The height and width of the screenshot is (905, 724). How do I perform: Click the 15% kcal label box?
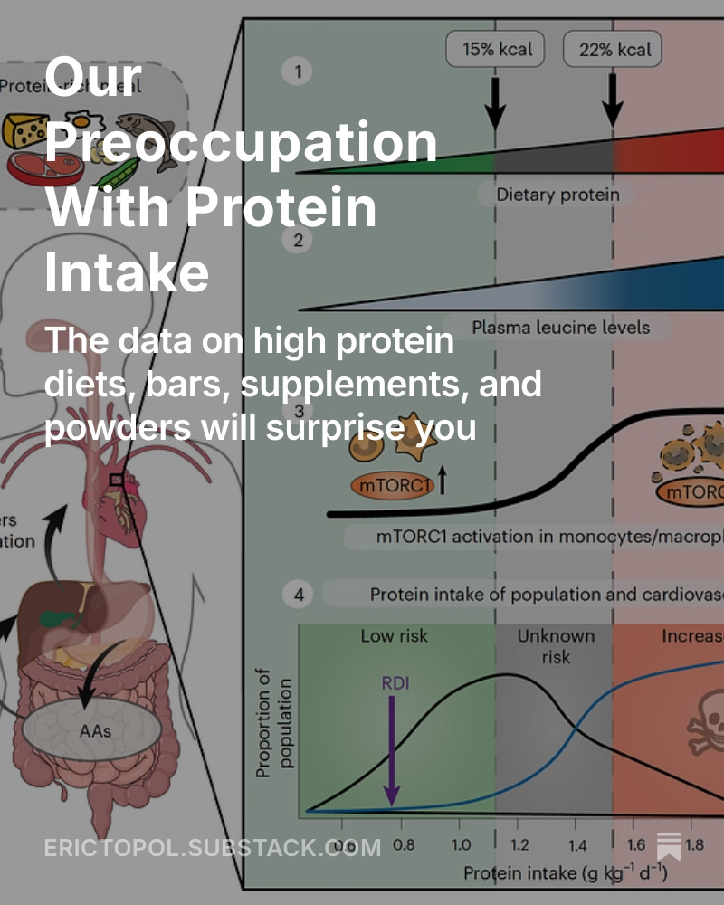[x=495, y=49]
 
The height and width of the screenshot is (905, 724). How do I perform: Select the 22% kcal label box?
[x=613, y=49]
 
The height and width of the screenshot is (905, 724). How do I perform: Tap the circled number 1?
[x=297, y=71]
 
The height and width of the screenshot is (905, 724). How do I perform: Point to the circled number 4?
[x=298, y=595]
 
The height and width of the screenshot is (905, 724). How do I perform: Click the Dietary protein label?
[x=557, y=194]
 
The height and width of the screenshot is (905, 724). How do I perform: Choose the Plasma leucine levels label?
[x=560, y=327]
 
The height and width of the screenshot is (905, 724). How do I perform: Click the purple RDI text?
[x=394, y=682]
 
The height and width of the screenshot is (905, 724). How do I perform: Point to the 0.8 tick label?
[x=404, y=846]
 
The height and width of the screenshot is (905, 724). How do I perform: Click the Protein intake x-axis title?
[x=566, y=872]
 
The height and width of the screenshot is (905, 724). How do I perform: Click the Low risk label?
[x=395, y=636]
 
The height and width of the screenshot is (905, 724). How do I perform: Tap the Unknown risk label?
[x=556, y=645]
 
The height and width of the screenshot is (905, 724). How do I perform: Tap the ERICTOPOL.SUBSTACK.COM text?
[x=213, y=847]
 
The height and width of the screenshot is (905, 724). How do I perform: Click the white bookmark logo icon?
[x=669, y=845]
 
